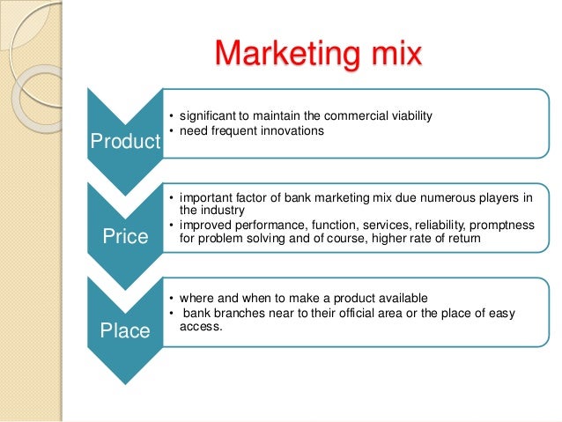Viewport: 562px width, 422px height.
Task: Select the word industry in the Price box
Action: coord(216,211)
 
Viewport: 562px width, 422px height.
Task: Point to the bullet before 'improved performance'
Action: coord(170,226)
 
